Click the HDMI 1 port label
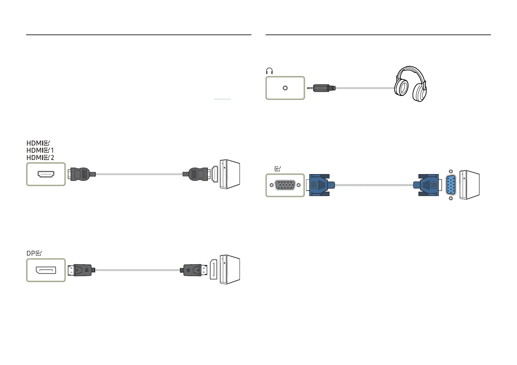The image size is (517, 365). (x=40, y=150)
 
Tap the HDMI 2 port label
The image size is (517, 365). (x=40, y=158)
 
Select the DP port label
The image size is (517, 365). (x=34, y=253)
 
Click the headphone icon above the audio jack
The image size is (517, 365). (x=270, y=71)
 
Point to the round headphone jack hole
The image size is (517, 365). (x=285, y=88)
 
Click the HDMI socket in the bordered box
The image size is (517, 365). (x=46, y=174)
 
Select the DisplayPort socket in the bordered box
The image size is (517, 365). (x=46, y=270)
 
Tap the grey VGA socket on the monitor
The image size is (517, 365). (x=285, y=185)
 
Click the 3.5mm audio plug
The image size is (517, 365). (x=321, y=88)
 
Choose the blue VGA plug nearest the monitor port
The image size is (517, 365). (x=321, y=185)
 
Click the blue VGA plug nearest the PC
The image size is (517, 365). (x=428, y=185)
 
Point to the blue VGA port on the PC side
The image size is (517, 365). (x=451, y=185)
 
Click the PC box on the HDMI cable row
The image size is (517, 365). (x=230, y=174)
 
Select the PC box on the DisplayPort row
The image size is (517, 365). (x=230, y=270)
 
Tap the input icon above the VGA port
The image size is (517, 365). (x=278, y=169)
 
